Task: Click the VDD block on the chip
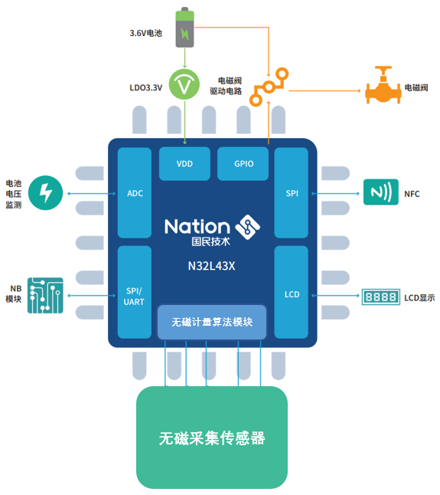point(184,163)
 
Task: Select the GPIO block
point(243,163)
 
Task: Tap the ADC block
point(135,192)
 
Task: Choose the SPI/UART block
point(135,293)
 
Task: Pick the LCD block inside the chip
point(292,293)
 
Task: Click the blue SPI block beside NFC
point(292,192)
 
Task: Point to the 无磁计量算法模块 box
point(212,322)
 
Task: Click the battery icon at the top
point(184,28)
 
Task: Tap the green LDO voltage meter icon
point(184,84)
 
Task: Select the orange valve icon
point(383,85)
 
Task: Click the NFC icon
point(381,192)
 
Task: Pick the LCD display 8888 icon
point(381,297)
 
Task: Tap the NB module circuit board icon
point(45,296)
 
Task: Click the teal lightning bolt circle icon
point(45,193)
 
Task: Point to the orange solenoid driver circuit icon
point(269,87)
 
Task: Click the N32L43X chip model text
point(211,266)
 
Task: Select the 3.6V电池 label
point(145,33)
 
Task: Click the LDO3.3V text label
point(146,88)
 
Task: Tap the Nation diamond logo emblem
point(248,227)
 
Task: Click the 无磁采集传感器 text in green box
point(212,438)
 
